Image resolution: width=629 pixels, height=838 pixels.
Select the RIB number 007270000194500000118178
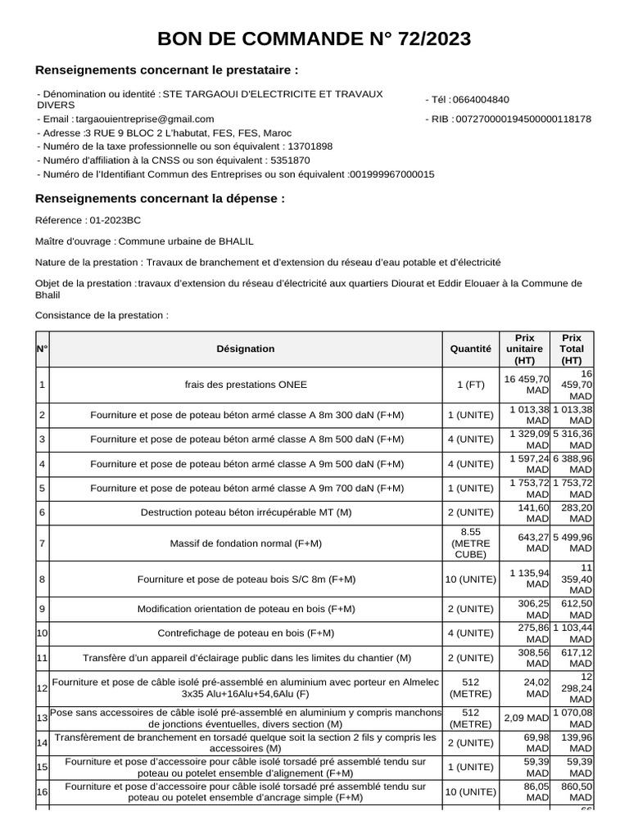pos(523,119)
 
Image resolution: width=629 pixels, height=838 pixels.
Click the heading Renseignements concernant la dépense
pos(161,198)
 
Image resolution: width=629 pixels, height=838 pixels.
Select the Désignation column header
pos(246,349)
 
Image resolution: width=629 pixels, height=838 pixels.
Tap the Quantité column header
pos(471,349)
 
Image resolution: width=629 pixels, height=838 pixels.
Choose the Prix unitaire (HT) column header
pos(525,349)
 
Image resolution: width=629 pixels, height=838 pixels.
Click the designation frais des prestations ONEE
pos(246,385)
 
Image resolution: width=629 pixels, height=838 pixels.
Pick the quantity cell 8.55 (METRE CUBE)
pos(471,543)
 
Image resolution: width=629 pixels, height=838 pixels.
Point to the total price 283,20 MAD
pos(572,512)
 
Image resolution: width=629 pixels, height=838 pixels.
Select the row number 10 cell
pos(43,633)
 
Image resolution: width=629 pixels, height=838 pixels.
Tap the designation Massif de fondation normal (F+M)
pos(246,543)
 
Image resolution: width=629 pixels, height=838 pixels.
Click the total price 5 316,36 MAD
pos(572,439)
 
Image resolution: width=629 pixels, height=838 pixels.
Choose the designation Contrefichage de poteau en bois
pos(246,633)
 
